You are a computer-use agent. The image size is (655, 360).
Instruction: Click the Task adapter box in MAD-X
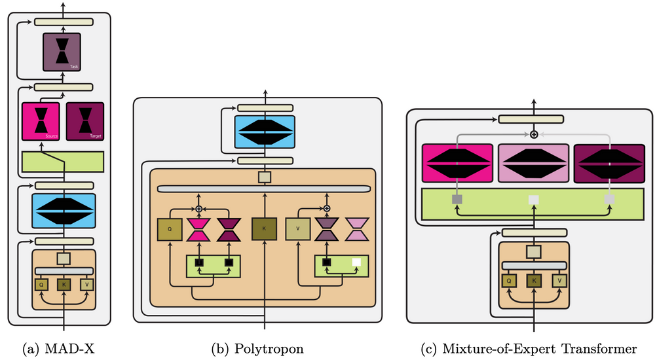tap(62, 52)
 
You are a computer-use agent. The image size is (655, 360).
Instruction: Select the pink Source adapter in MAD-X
tap(41, 122)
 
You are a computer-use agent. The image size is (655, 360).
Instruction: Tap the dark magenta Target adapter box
tap(85, 122)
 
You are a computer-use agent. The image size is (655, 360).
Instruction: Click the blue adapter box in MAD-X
tap(64, 210)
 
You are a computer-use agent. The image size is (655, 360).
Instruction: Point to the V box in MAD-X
tap(86, 284)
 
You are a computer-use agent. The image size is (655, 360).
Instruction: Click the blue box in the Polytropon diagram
tap(265, 132)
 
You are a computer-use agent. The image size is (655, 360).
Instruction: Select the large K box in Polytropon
tap(265, 230)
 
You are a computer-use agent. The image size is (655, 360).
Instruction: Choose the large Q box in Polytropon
tap(170, 230)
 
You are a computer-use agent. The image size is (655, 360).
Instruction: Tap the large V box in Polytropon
tap(297, 230)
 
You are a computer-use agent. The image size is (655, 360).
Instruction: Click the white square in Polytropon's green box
tap(356, 262)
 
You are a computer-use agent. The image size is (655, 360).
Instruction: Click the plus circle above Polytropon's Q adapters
tap(200, 209)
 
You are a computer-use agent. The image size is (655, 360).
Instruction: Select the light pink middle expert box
tap(533, 164)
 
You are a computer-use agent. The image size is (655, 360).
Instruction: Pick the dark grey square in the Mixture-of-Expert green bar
tap(457, 198)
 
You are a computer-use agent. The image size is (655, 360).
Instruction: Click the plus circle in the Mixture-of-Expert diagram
tap(534, 134)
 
